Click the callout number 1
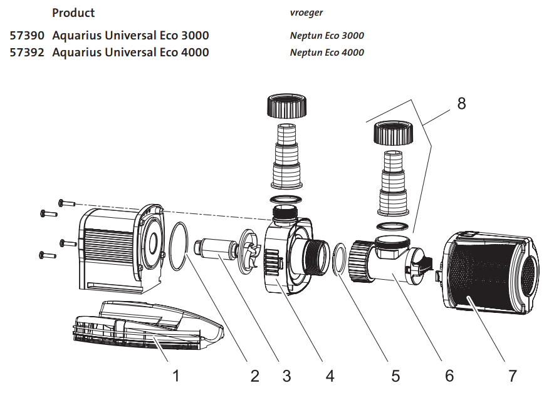tap(176, 375)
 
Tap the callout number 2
tap(254, 375)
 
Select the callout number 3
tap(286, 375)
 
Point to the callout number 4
tap(329, 375)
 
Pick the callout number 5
tap(395, 375)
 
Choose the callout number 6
tap(449, 375)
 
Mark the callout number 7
tap(513, 375)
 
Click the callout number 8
tap(461, 104)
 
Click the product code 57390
tap(28, 36)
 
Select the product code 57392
tap(28, 53)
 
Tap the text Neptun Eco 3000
tap(327, 36)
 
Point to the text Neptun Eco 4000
tap(327, 53)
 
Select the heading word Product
tap(73, 13)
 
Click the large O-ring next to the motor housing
tap(179, 247)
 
